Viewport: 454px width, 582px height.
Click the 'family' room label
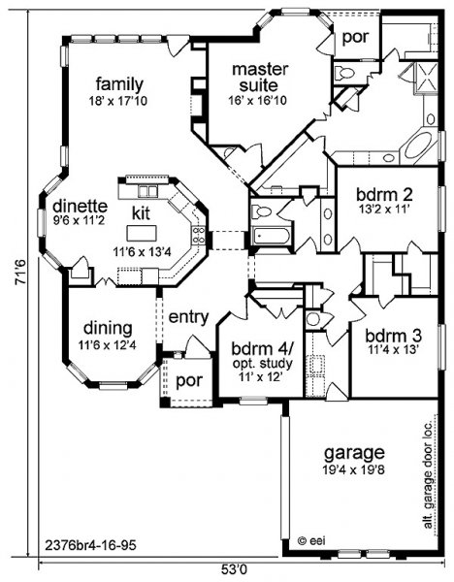[x=119, y=85]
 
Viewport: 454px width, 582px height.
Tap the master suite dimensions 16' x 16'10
[x=258, y=100]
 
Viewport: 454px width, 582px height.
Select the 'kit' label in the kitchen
[x=141, y=213]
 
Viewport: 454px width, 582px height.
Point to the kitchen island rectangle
[x=142, y=233]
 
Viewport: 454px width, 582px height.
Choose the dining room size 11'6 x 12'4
[x=108, y=345]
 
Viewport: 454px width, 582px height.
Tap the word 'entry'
[x=188, y=318]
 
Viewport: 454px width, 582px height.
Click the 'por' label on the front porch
[x=189, y=381]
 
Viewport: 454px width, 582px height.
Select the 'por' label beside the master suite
[x=355, y=37]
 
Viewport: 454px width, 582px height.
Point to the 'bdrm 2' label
[x=384, y=195]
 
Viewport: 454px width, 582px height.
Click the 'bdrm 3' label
[x=394, y=336]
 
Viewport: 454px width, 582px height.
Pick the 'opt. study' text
[x=263, y=364]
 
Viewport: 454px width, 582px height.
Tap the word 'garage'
[x=354, y=454]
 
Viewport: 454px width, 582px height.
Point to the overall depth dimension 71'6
[x=20, y=272]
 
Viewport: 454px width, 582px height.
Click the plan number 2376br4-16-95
[x=90, y=545]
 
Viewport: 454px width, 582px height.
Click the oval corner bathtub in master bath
[x=418, y=145]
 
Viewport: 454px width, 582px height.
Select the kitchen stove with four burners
[x=199, y=236]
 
